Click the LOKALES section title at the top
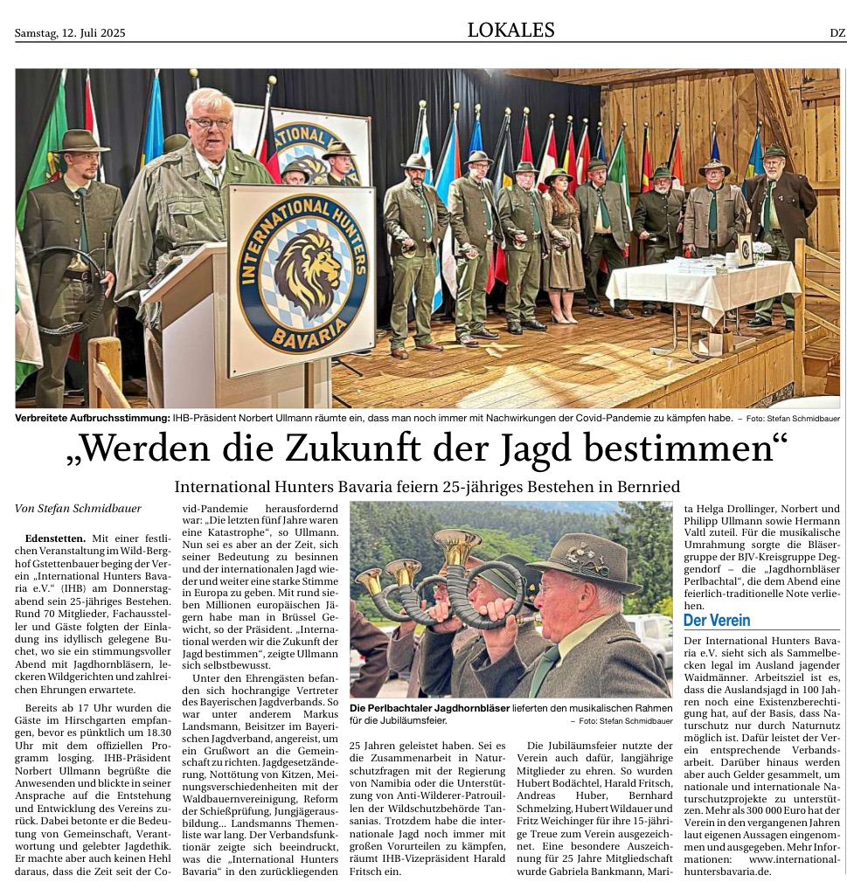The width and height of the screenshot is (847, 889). (510, 31)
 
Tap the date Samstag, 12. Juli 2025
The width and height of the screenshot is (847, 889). (70, 33)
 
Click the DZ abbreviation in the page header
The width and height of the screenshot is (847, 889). (837, 33)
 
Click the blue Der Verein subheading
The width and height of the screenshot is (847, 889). (717, 621)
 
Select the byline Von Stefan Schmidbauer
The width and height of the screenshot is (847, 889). (78, 508)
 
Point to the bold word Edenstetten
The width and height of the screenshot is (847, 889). (56, 538)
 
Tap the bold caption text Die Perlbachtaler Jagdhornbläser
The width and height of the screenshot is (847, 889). (428, 707)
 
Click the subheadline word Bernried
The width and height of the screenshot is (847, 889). (644, 486)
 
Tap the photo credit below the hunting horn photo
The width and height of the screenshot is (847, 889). (621, 721)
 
